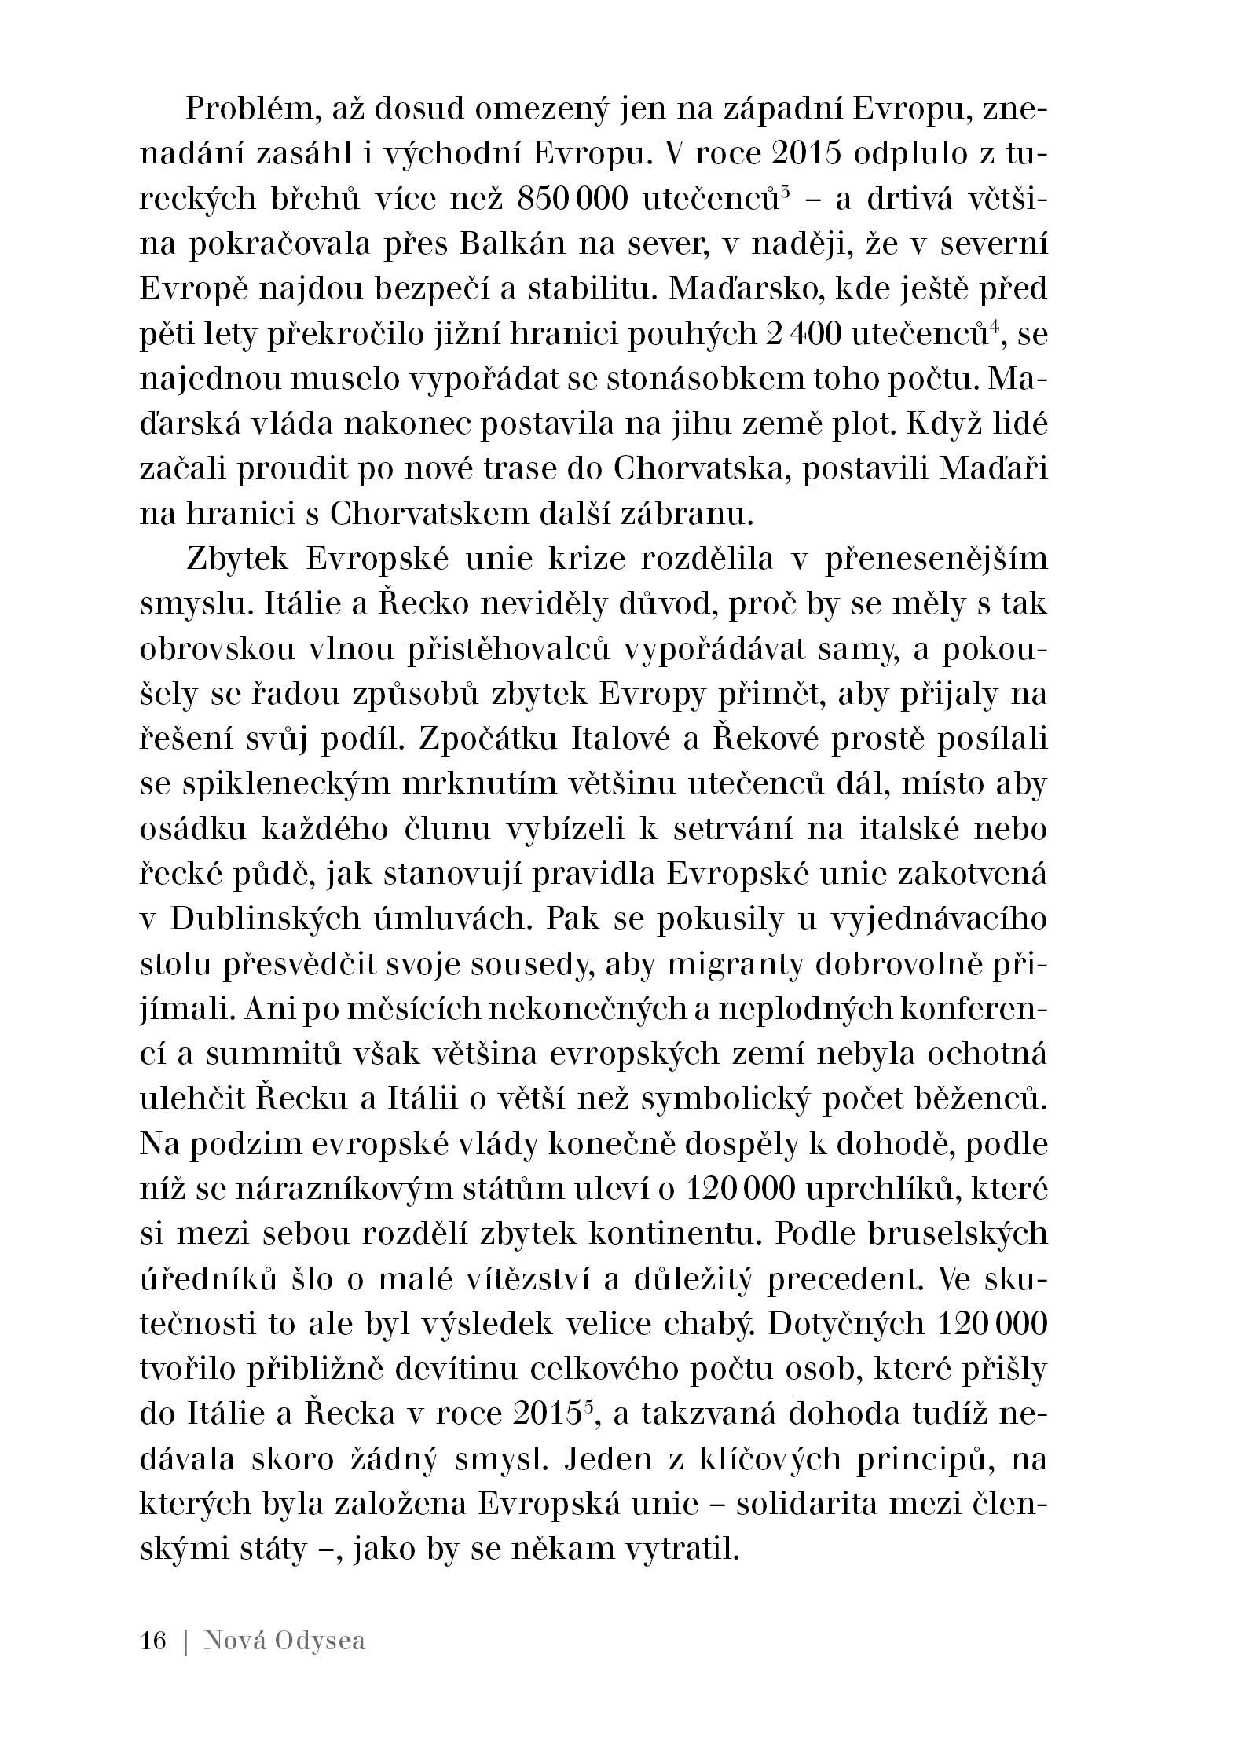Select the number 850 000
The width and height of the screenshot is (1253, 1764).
[572, 200]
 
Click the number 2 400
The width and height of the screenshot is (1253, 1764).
[802, 335]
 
